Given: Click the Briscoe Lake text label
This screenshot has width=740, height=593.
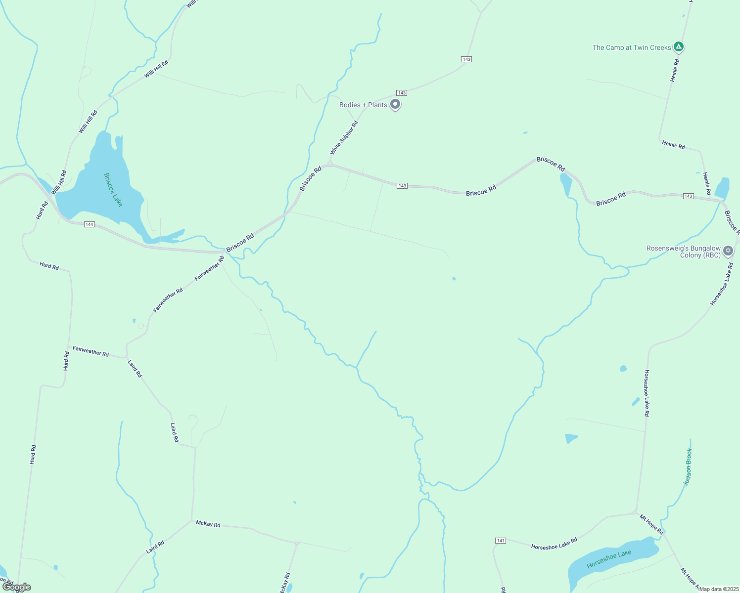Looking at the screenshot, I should coord(113,190).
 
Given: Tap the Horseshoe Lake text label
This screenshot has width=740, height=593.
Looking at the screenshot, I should coord(609,559).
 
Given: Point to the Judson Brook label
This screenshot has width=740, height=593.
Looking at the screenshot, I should coord(688,467).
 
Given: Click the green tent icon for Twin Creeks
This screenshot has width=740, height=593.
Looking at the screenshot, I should coord(679,47).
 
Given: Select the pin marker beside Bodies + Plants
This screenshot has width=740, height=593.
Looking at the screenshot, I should coord(395,104).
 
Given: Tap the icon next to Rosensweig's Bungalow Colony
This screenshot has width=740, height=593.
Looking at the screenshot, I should coord(728,251).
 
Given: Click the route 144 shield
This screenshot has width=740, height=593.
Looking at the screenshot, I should coord(89,224).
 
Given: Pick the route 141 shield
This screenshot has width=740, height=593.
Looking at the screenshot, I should coord(501,541).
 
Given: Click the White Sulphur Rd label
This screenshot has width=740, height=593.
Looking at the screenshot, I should coord(344,137).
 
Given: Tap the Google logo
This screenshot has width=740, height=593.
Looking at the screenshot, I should coord(17,587).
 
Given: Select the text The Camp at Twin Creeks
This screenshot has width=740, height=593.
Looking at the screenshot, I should coord(632,47).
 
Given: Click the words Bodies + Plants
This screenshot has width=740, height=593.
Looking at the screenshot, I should coord(363,105).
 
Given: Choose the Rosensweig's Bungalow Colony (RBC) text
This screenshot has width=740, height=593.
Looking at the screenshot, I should coord(684,252).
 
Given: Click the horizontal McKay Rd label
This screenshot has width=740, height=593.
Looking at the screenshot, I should coord(208,524).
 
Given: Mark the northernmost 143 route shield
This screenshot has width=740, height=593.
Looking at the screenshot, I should coord(466,59).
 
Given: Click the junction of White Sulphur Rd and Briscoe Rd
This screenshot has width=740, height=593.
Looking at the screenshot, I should coord(330,164).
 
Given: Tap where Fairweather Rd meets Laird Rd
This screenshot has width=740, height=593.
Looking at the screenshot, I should coord(126,357).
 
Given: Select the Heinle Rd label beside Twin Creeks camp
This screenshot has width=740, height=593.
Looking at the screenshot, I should coord(675,71).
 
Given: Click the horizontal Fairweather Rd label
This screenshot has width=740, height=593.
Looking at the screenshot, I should coord(91,351).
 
